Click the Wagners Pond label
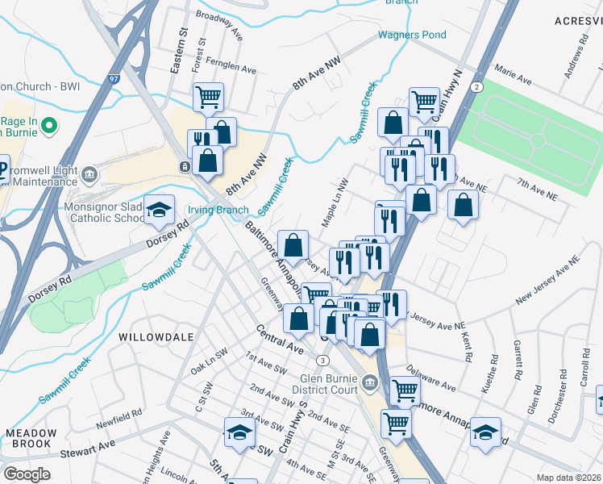[412, 35]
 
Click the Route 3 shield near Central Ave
[322, 360]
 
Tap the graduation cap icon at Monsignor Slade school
[160, 211]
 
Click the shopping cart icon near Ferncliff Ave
[209, 98]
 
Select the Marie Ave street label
[514, 80]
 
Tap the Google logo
[27, 474]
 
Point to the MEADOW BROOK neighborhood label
[31, 439]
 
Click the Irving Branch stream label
[219, 210]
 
